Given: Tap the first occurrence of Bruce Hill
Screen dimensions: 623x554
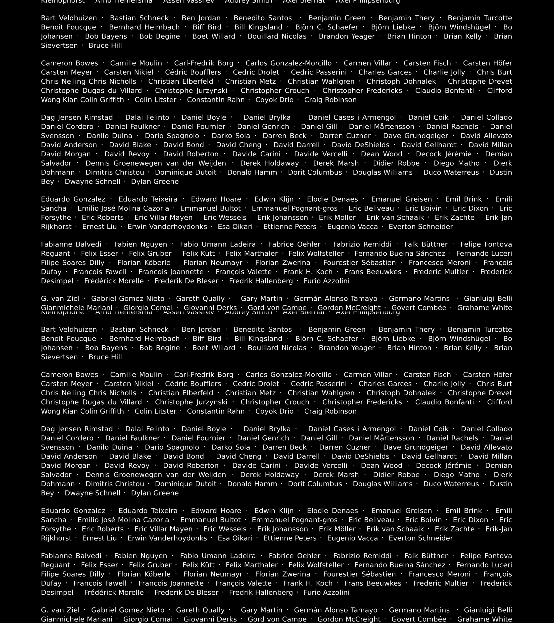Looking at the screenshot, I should [x=105, y=46].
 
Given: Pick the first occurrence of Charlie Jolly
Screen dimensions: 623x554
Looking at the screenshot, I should [x=444, y=73].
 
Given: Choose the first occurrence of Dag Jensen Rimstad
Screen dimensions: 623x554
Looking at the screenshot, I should [x=77, y=118].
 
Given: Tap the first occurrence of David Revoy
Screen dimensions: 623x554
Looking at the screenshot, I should [x=127, y=154].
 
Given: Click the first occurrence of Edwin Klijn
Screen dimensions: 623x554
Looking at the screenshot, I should [x=274, y=199].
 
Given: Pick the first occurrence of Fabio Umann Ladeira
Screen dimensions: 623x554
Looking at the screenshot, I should [x=218, y=244].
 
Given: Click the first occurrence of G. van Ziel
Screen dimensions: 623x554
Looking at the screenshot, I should [x=60, y=299].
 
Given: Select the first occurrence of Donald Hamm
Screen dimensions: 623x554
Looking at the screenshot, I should [x=252, y=173].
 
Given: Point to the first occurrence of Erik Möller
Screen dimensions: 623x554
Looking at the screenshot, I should [x=337, y=218].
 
